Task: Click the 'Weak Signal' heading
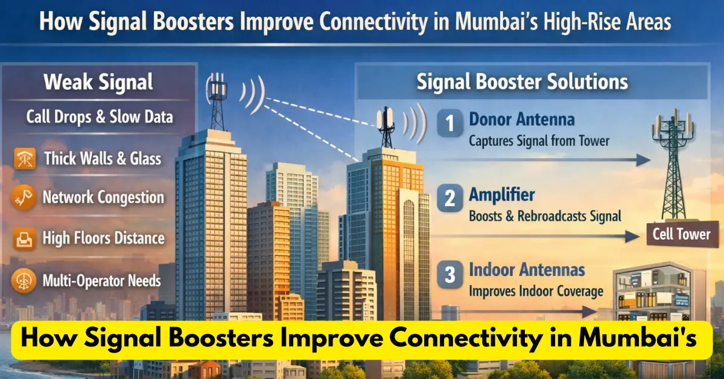pos(98,82)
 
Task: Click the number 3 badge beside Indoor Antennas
pos(449,276)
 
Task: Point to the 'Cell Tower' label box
pos(681,234)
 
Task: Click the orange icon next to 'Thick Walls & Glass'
pos(24,159)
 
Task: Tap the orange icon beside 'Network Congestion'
pos(24,198)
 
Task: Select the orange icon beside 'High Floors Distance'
pos(24,238)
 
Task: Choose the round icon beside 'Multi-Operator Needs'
pos(24,281)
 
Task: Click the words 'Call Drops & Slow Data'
pos(99,116)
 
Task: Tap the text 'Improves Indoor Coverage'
pos(536,291)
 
